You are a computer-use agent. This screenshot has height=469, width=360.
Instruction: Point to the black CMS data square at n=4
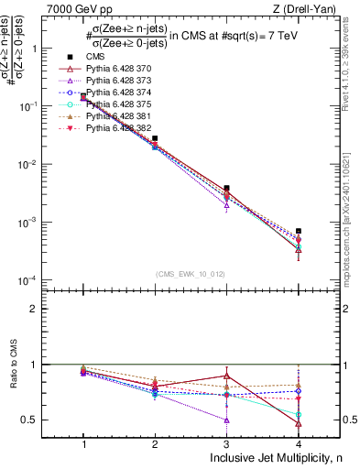[x=299, y=231]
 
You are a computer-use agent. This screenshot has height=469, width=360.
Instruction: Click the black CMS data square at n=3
[x=226, y=188]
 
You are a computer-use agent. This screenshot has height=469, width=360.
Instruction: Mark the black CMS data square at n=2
[x=155, y=138]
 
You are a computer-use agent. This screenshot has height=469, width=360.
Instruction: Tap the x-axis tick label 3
[x=226, y=443]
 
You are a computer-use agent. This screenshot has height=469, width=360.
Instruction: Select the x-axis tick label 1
[x=83, y=443]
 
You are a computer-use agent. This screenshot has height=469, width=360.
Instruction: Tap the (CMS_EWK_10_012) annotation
[x=191, y=273]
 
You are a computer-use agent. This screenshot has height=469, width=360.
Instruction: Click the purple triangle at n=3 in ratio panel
[x=226, y=420]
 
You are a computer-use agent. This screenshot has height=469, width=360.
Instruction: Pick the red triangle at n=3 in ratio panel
[x=226, y=376]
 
